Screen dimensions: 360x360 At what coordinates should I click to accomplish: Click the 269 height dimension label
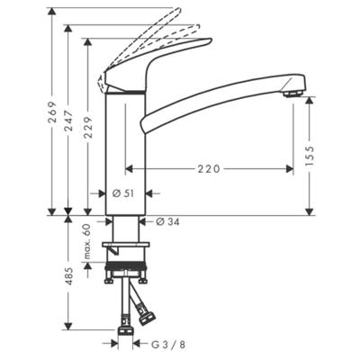click(53, 112)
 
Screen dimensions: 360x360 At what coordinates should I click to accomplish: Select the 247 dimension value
click(69, 121)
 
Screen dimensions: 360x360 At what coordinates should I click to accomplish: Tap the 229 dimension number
click(88, 127)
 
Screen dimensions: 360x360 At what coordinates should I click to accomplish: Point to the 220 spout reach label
click(209, 169)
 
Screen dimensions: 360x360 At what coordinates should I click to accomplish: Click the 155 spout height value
click(310, 156)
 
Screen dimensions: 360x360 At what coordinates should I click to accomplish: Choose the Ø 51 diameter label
click(123, 193)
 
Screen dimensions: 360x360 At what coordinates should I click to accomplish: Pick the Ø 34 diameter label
click(168, 222)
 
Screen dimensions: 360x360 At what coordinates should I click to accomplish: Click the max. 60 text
click(87, 242)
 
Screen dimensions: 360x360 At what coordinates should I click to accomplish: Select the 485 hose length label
click(69, 276)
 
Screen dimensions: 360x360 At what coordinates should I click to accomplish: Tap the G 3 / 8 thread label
click(168, 345)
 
